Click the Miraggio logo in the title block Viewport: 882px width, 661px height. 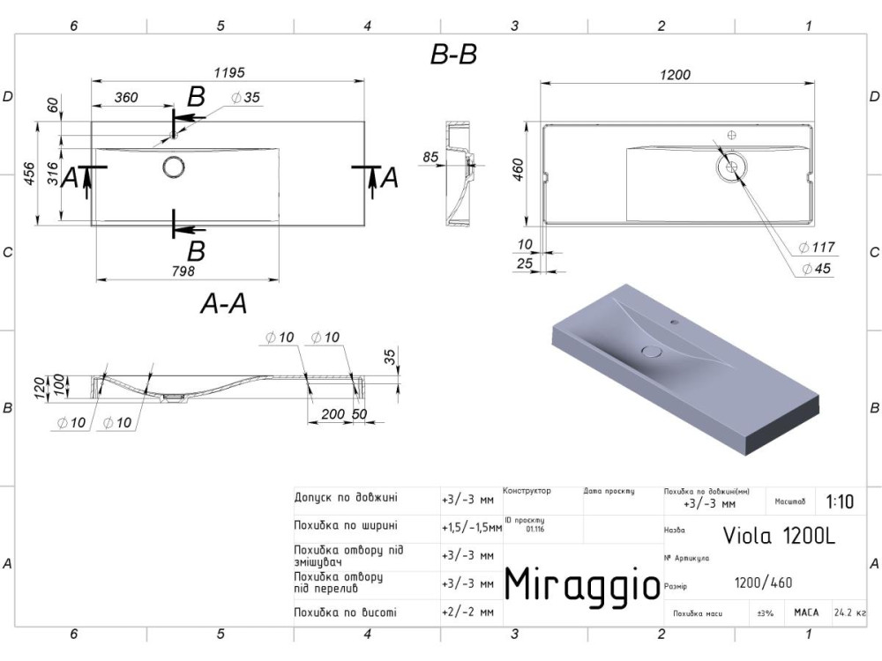click(581, 583)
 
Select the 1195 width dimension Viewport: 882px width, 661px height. click(228, 71)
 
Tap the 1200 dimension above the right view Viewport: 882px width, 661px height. click(675, 75)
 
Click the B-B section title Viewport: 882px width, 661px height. click(453, 55)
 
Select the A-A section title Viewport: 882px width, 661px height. click(224, 304)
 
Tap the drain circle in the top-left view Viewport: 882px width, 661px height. click(173, 166)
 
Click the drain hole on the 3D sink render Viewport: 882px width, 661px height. click(651, 352)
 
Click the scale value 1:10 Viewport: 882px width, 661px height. click(840, 502)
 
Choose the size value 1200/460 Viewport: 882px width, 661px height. click(763, 582)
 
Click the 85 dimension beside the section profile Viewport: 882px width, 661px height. click(431, 158)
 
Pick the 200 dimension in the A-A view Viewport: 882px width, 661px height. click(333, 413)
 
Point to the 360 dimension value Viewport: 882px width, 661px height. click(126, 98)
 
